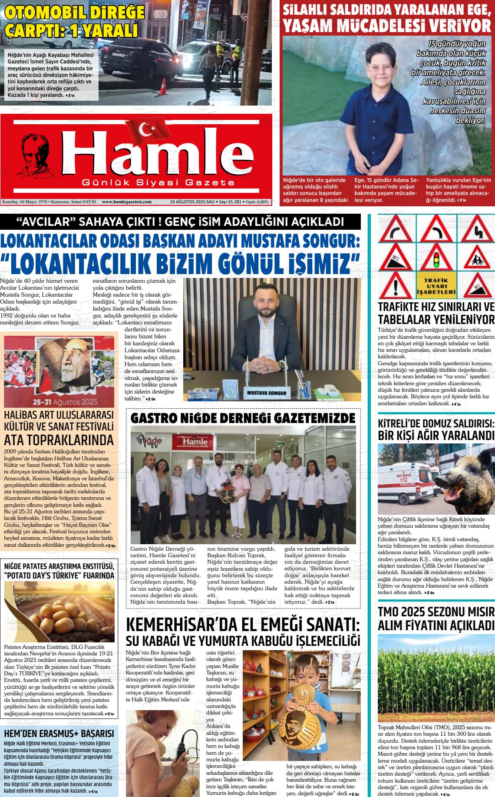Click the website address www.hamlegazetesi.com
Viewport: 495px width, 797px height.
(x=126, y=202)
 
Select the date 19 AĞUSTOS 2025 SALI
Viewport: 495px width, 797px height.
(x=192, y=202)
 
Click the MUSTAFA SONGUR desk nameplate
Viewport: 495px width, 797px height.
(x=267, y=393)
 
